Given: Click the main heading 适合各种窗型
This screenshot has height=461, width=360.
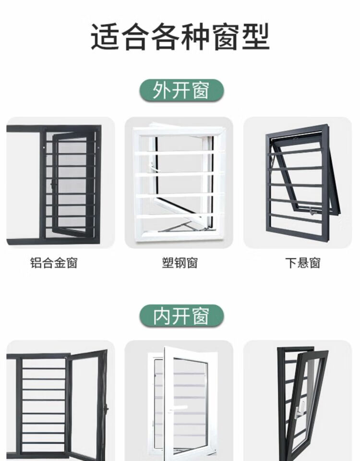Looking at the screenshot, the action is tap(180, 37).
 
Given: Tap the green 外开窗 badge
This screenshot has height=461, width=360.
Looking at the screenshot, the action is tap(181, 90).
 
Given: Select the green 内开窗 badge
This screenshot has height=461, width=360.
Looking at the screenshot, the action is tap(181, 316).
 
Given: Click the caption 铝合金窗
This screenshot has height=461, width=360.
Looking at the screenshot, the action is tap(54, 263).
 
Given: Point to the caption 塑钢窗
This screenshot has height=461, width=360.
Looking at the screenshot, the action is tap(180, 263).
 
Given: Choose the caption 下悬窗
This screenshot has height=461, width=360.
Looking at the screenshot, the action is tap(303, 263).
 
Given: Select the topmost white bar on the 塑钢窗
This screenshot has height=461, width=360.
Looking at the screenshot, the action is tap(180, 153).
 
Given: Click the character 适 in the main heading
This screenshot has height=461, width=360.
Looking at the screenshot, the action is tap(105, 37).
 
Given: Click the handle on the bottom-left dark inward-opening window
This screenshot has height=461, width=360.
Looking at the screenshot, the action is tap(107, 409).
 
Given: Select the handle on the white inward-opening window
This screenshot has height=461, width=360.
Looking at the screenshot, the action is tap(179, 408).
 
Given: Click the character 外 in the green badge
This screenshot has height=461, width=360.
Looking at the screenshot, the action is tap(162, 90).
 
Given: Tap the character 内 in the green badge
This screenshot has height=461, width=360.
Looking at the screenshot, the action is tap(162, 316).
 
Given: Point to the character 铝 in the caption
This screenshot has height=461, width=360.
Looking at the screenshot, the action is tap(36, 263).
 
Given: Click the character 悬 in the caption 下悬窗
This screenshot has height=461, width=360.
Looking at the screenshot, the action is tap(303, 263).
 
